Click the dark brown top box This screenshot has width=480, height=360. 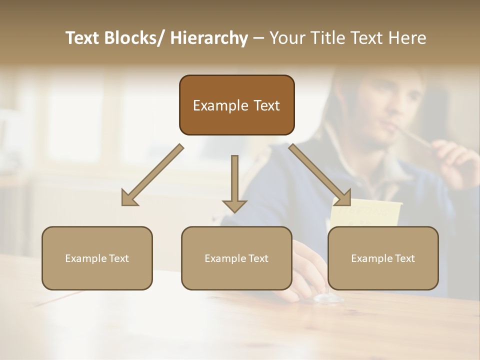coord(236,105)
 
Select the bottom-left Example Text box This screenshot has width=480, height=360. coord(97,258)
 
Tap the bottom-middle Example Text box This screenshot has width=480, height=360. coord(236,258)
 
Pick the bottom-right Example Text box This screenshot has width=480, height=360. coord(383,258)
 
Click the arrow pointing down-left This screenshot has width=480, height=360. coord(152,175)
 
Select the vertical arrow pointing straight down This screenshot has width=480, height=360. coord(234,182)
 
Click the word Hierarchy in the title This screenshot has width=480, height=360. coord(208,38)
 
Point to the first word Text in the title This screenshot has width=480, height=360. coord(82,38)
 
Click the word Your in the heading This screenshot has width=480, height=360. coord(285,38)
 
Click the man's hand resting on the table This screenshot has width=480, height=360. coord(310,270)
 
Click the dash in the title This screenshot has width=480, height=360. coord(258,38)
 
